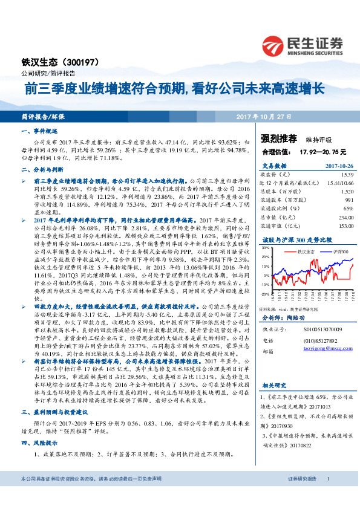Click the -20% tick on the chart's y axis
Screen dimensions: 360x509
click(x=264, y=294)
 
